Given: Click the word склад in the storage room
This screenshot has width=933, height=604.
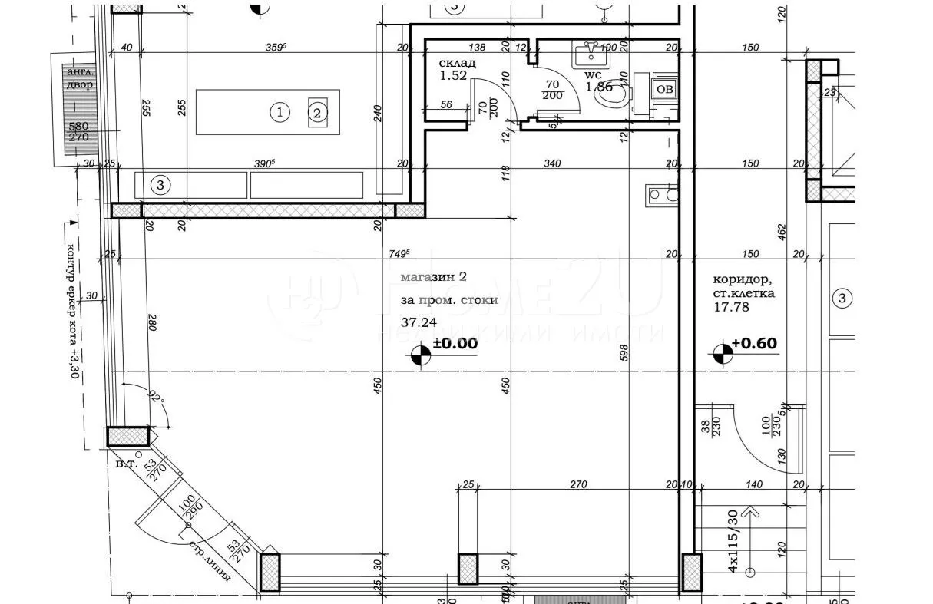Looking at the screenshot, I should tap(457, 63).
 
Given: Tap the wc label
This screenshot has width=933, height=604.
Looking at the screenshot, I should tap(594, 75).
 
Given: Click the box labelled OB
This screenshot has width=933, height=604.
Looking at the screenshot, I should tap(664, 89).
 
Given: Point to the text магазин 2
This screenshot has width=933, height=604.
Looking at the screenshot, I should tap(433, 277).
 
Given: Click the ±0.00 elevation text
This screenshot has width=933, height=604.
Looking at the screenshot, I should tap(455, 344).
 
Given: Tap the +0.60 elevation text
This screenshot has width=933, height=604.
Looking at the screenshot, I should tap(754, 343).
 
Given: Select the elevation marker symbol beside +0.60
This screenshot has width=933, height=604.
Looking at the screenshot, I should tap(723, 354).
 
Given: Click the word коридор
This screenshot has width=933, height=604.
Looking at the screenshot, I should tap(740, 279).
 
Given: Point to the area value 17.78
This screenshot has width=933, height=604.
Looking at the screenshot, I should tap(731, 307).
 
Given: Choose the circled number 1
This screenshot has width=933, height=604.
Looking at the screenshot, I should tap(281, 113).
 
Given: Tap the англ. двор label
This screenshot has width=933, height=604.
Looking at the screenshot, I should tap(80, 78).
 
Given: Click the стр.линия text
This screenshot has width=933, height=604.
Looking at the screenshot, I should tap(210, 561).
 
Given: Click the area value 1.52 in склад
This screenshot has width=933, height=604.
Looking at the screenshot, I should tap(453, 76).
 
